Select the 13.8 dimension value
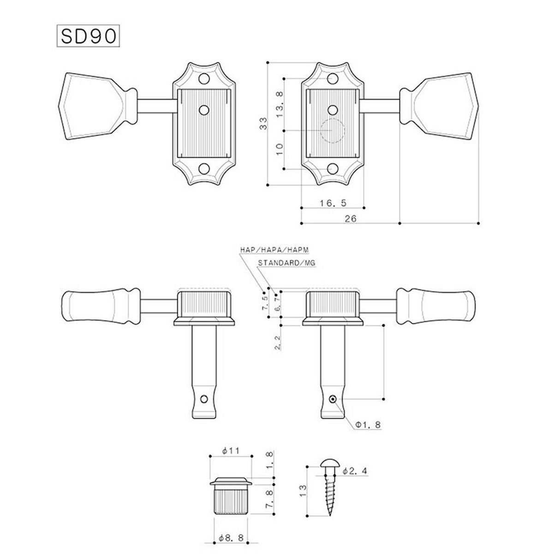click(x=280, y=104)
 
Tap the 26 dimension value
click(x=351, y=219)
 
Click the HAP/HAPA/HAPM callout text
click(x=274, y=249)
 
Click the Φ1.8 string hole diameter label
click(x=369, y=424)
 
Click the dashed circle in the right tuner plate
click(x=332, y=131)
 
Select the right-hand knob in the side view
click(x=436, y=305)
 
